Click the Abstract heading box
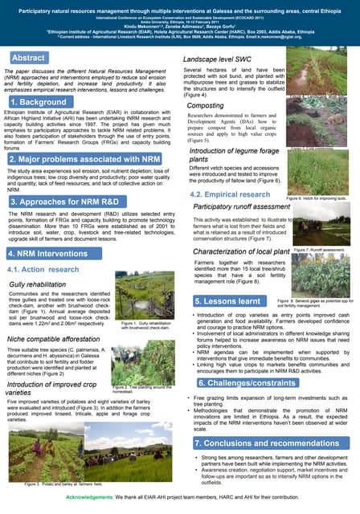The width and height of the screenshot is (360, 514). pos(29,59)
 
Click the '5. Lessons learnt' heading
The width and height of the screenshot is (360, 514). pos(228,300)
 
